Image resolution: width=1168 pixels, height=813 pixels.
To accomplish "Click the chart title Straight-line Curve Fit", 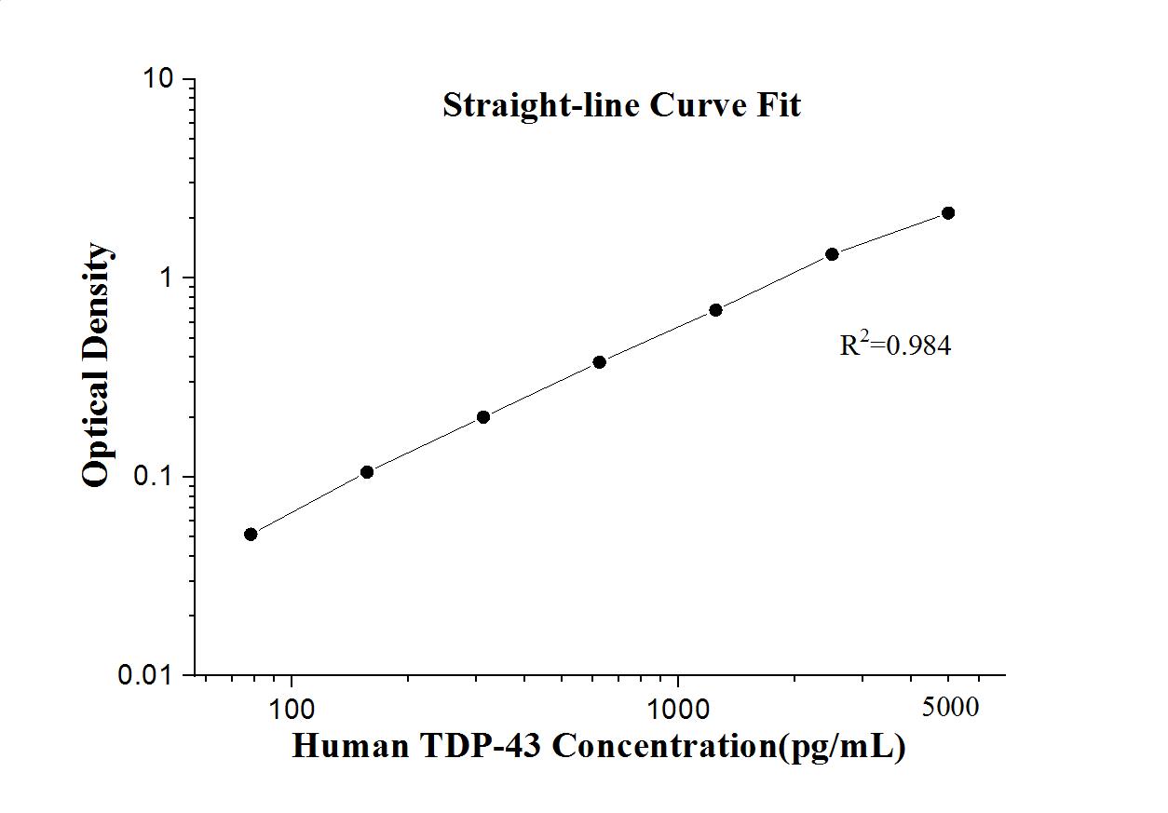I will (x=621, y=105).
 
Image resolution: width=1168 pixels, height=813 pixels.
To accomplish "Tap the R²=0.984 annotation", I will (x=895, y=346).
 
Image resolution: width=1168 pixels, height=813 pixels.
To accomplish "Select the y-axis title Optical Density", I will (x=96, y=364).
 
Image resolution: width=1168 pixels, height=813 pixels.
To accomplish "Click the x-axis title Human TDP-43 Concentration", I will (x=598, y=746).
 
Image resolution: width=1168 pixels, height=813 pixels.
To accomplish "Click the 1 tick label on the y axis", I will (x=169, y=278).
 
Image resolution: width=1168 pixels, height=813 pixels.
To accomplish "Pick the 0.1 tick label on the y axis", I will (x=155, y=477).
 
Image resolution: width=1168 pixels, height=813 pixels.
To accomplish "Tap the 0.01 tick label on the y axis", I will (x=147, y=675).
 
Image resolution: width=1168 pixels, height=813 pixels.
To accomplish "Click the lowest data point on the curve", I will (x=251, y=534).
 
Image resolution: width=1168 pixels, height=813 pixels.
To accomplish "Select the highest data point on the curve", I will (x=948, y=213).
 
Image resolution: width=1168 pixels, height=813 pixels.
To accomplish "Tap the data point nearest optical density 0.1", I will (x=367, y=472).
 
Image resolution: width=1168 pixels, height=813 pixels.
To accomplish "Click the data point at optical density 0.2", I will (x=483, y=417).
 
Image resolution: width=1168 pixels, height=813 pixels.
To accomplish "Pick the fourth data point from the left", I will (x=600, y=361).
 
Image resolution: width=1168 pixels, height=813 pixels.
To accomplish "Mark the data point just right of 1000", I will (x=715, y=310).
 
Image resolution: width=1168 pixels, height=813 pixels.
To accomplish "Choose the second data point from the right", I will (x=832, y=254).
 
